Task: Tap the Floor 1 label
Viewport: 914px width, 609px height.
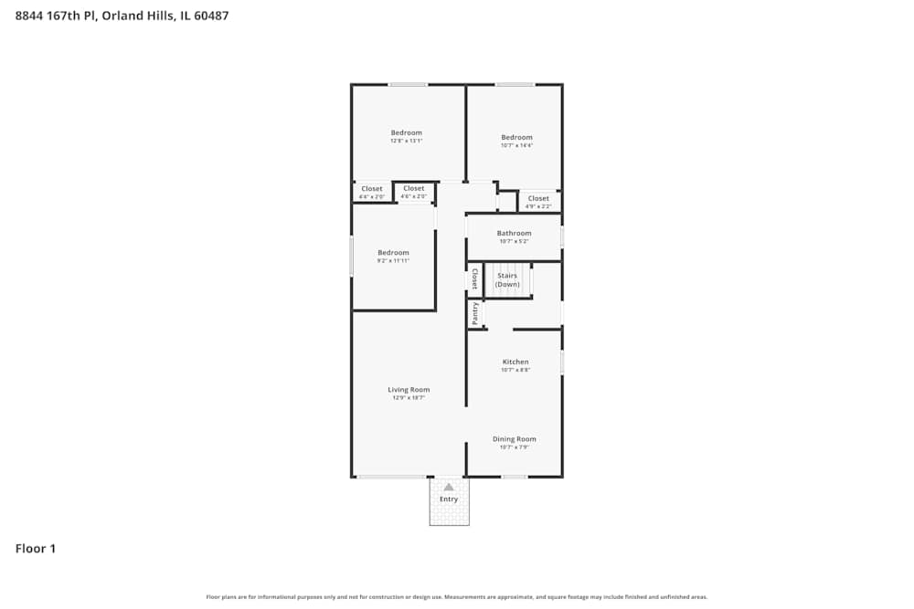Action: coord(36,549)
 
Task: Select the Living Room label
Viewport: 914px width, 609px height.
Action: coord(408,390)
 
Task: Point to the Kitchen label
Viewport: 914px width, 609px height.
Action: coord(515,362)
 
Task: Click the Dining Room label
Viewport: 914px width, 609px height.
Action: coord(515,439)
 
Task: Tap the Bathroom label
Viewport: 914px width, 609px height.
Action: coord(514,233)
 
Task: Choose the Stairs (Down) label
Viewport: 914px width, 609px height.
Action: coord(507,279)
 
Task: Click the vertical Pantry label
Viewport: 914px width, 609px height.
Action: coord(475,314)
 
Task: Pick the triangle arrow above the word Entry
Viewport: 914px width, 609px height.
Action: coord(449,488)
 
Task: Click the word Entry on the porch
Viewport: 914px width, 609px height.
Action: coord(449,499)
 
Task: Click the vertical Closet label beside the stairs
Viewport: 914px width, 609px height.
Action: coord(475,279)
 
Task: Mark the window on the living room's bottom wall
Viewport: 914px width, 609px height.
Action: coord(390,477)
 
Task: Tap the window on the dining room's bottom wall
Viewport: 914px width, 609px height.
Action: coord(515,477)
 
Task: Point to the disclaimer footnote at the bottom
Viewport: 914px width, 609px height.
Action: coord(457,597)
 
